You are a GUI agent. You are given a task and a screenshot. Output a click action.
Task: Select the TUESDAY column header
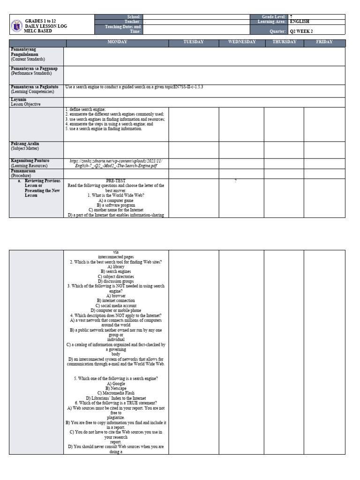194,42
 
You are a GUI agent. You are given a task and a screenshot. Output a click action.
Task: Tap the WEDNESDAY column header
241,42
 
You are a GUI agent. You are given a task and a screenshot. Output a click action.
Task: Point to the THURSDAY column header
284,42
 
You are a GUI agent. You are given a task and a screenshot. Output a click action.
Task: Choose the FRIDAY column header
324,42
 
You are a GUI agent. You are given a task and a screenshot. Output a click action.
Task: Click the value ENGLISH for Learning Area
300,22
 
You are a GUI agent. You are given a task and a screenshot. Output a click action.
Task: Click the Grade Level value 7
291,16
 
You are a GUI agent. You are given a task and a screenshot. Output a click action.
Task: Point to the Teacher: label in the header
133,22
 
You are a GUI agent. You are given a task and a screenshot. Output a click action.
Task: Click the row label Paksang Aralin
25,143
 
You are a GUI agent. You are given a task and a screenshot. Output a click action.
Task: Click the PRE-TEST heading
116,180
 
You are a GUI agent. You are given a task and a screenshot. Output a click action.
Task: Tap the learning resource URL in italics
116,163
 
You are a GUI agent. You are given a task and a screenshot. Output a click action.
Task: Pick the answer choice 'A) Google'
116,383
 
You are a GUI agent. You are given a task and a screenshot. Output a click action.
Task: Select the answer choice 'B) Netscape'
116,388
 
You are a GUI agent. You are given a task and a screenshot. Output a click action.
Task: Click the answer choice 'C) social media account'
116,306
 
